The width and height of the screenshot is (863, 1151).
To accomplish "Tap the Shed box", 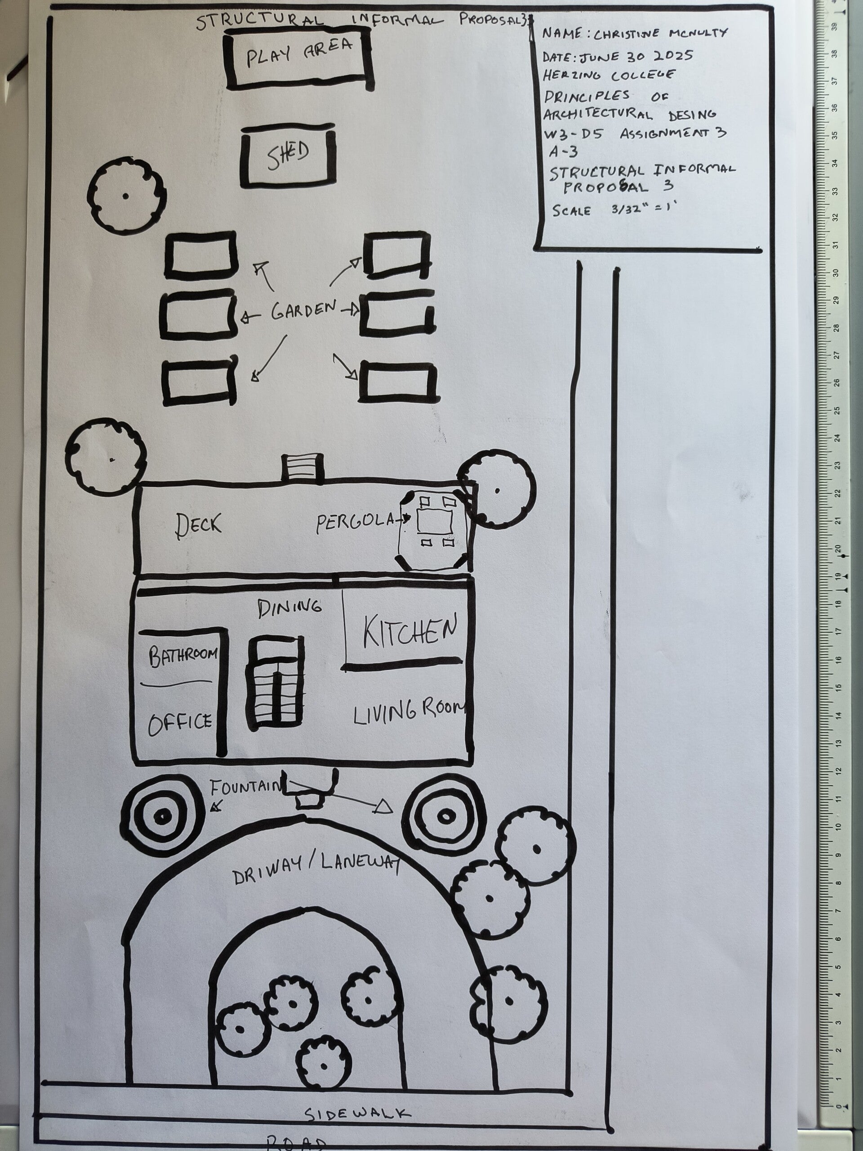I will pos(288,155).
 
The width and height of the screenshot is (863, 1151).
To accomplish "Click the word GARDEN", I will pos(303,310).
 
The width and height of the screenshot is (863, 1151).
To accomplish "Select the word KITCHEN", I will pos(410,631).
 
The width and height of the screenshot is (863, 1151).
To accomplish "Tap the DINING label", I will pos(289,607).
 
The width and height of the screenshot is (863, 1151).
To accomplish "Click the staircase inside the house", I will pos(275,682).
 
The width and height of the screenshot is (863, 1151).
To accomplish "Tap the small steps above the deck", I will pos(302,467).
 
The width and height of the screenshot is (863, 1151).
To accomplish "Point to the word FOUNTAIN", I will pos(245,787).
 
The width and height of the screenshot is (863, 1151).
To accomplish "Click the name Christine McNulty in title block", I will pos(660,34).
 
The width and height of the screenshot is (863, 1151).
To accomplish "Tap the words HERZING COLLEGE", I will pos(609,75).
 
